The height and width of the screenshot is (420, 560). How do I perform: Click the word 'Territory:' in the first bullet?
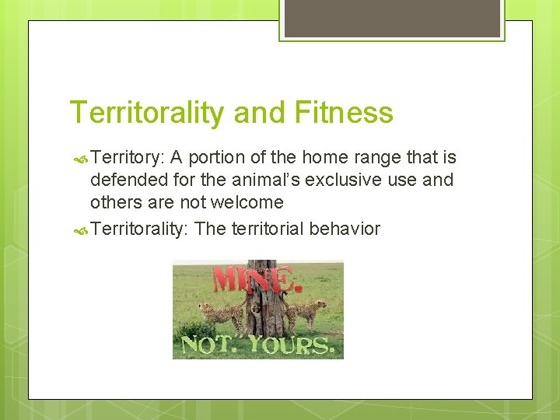[x=127, y=158]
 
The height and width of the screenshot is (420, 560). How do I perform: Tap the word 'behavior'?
[x=345, y=229]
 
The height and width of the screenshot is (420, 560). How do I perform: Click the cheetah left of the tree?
[x=222, y=313]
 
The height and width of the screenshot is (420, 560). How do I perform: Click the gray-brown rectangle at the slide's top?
[x=392, y=17]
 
